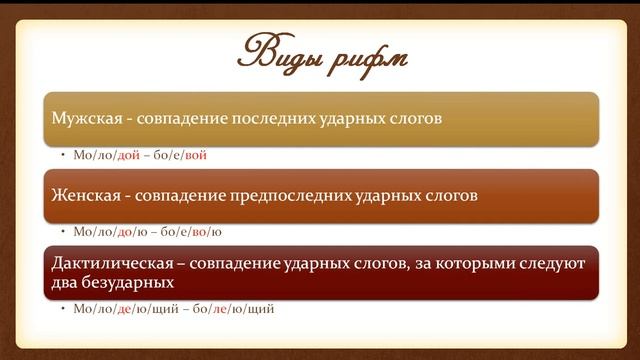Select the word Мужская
(x=83, y=119)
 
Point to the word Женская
(x=82, y=195)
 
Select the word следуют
(x=549, y=263)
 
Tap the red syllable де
(x=124, y=309)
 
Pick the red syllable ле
(x=227, y=309)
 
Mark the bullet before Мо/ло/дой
(x=63, y=155)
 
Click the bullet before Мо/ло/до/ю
(x=63, y=232)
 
